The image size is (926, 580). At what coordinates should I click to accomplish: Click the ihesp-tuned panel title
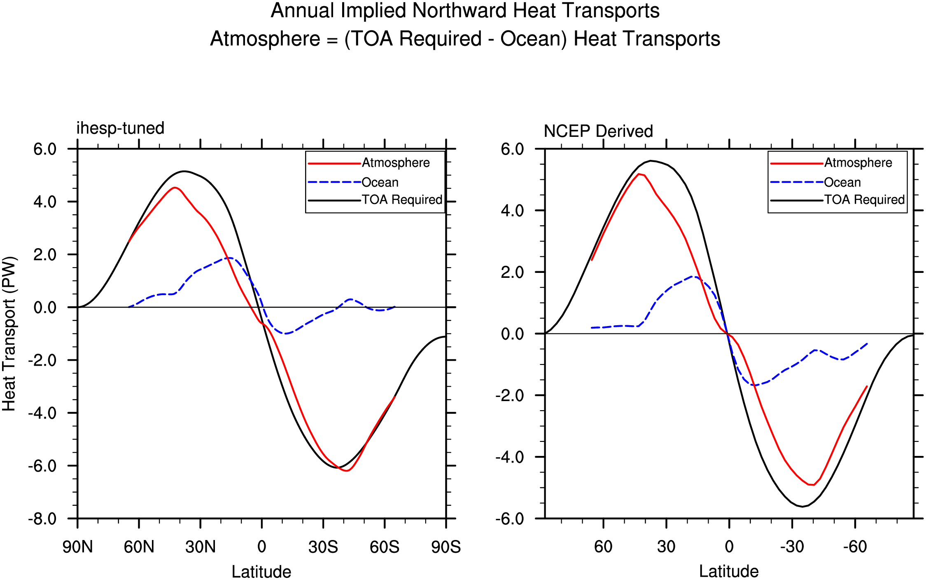120,128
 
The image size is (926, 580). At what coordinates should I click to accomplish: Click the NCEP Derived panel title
598,131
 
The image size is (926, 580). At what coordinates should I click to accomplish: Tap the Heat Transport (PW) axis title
9,334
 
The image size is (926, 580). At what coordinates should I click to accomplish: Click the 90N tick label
77,547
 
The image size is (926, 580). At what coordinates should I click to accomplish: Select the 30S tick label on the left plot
323,547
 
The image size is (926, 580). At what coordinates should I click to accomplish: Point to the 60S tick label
385,547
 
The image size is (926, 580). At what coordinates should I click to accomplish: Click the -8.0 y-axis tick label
42,519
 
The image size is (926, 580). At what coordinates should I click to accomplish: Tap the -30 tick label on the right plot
792,547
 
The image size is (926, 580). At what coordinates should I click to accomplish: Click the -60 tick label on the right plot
855,547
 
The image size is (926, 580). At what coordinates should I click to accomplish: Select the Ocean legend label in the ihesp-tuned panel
380,182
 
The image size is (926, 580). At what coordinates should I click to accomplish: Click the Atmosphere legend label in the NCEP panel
858,163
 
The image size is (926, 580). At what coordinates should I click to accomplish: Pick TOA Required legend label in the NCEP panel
865,200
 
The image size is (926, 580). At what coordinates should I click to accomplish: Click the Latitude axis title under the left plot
261,572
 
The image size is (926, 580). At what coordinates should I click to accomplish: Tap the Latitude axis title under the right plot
729,571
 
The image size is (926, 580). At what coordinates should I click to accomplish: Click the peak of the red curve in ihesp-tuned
175,188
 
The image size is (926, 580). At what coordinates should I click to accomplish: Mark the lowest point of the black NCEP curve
802,507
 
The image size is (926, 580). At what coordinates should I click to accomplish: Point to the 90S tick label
446,547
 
